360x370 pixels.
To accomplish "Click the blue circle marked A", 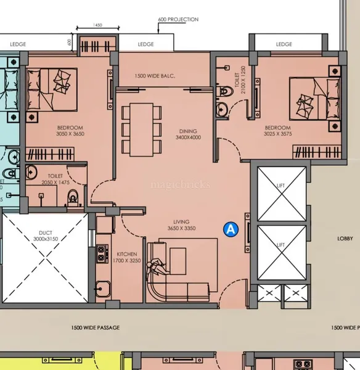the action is pyautogui.click(x=231, y=229).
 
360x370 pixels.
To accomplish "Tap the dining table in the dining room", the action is pyautogui.click(x=141, y=129).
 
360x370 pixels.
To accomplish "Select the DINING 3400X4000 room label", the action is pyautogui.click(x=188, y=134).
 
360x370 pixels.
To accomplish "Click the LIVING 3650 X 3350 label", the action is pyautogui.click(x=181, y=225).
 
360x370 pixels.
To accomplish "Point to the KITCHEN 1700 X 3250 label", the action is pyautogui.click(x=127, y=257).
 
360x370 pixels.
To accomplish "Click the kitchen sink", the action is pyautogui.click(x=102, y=289).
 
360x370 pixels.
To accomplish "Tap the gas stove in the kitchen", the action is pyautogui.click(x=102, y=253).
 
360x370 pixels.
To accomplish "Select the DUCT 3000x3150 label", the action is pyautogui.click(x=46, y=236).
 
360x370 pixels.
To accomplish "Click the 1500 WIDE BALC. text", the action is pyautogui.click(x=155, y=76).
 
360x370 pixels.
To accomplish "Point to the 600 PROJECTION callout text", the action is pyautogui.click(x=178, y=19).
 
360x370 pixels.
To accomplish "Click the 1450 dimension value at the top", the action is pyautogui.click(x=97, y=25).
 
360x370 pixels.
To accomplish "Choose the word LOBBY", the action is pyautogui.click(x=345, y=239).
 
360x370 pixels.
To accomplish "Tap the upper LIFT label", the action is pyautogui.click(x=280, y=186).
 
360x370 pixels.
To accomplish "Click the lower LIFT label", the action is pyautogui.click(x=280, y=245).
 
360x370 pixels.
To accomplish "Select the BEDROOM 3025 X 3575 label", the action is pyautogui.click(x=277, y=131).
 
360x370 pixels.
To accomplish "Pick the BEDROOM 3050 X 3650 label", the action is pyautogui.click(x=70, y=131).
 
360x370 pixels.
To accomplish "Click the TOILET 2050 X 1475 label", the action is pyautogui.click(x=55, y=179).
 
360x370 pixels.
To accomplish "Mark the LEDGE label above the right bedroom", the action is pyautogui.click(x=284, y=44).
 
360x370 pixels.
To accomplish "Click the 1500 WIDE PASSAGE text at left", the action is pyautogui.click(x=96, y=327).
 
